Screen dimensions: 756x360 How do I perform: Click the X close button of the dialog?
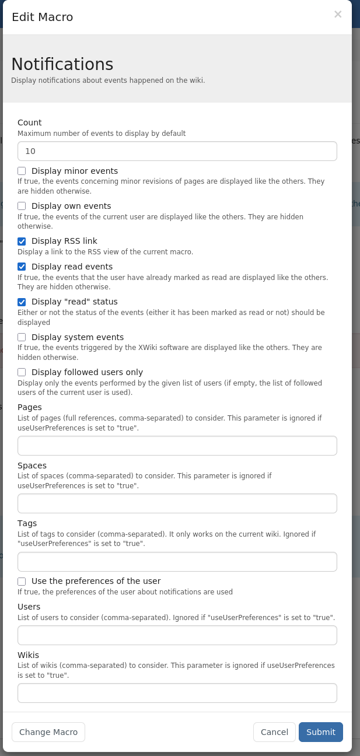coord(338,15)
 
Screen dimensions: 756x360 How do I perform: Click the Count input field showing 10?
coord(177,151)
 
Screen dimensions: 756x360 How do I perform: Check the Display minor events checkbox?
coord(22,171)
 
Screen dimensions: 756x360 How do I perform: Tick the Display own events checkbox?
coord(22,206)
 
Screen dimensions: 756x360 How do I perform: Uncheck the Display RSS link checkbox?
coord(22,241)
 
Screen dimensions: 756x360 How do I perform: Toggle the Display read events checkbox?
coord(22,267)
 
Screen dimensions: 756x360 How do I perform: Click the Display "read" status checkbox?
coord(22,302)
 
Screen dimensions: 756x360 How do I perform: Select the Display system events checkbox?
coord(22,337)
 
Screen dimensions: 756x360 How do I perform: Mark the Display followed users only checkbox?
coord(22,372)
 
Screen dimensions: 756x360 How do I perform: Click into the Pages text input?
coord(177,446)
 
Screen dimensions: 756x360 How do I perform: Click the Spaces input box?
coord(177,503)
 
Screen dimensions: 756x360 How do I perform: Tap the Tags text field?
coord(177,562)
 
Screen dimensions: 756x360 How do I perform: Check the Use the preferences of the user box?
coord(22,581)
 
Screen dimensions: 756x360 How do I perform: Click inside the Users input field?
coord(177,635)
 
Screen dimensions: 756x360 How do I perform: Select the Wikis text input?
coord(177,693)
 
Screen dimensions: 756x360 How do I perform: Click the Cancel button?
coord(274,732)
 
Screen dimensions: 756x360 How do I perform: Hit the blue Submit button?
coord(321,732)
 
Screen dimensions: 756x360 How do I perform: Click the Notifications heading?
coord(62,64)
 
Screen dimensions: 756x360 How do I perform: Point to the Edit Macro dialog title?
coord(43,17)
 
